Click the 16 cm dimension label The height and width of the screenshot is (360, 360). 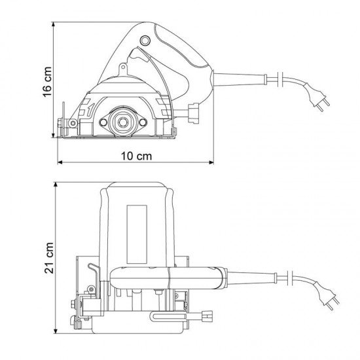click(x=47, y=82)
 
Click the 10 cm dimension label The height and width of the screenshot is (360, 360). click(x=136, y=156)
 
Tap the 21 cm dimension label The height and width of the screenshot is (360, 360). click(x=49, y=258)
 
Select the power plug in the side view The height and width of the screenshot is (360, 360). click(x=317, y=97)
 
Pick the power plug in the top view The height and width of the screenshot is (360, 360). click(x=327, y=295)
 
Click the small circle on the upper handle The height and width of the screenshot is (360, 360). click(x=145, y=41)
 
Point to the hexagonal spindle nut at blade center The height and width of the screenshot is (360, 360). click(x=123, y=122)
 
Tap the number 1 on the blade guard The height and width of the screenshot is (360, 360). click(x=91, y=109)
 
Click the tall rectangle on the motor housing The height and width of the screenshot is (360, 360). click(x=137, y=234)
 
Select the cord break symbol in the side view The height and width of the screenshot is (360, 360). click(x=280, y=79)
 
